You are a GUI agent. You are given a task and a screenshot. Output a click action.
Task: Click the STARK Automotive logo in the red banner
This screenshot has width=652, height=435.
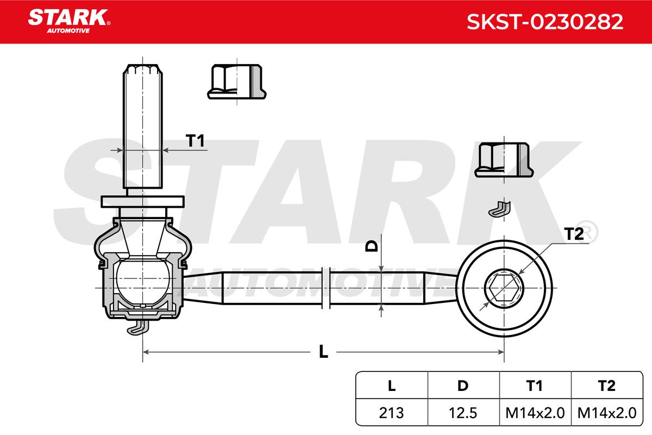[x=69, y=21]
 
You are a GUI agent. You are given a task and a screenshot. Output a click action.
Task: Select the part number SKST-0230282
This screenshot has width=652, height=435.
[x=545, y=22]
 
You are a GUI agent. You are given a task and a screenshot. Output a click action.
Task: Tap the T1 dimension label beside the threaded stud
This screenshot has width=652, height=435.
[x=195, y=141]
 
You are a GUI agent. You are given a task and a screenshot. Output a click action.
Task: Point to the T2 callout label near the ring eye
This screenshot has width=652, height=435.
[x=574, y=234]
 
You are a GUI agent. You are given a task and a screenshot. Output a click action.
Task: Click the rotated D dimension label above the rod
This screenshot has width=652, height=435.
[x=372, y=246]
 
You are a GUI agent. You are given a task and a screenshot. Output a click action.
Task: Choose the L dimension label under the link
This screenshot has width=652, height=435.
[x=323, y=351]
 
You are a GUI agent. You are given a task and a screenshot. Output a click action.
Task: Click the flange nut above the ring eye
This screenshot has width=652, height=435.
[x=504, y=160]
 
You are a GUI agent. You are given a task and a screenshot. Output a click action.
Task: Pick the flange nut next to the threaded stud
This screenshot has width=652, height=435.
[x=237, y=82]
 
